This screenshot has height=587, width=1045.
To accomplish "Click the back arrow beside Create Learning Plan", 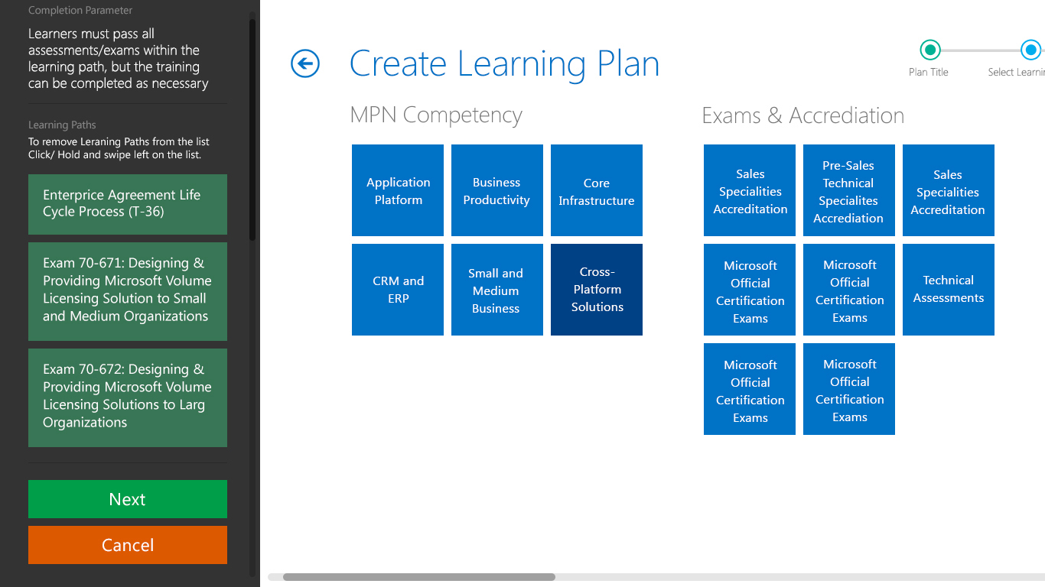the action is click(x=305, y=63).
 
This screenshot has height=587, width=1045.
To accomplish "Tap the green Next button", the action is click(x=127, y=499).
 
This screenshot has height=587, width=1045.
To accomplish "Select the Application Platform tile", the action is click(x=398, y=190).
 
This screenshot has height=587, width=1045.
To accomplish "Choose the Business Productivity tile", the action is click(x=496, y=190).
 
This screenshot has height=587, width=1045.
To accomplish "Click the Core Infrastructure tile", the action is click(x=596, y=190).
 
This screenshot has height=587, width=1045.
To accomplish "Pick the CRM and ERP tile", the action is click(x=398, y=290).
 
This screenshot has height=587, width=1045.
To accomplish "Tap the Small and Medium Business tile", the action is click(x=496, y=290).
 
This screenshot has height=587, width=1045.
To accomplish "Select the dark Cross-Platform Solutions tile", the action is click(x=596, y=290).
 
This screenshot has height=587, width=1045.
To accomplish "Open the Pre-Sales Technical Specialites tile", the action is click(x=848, y=190).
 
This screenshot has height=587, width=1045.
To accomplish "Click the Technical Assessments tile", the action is click(x=948, y=290).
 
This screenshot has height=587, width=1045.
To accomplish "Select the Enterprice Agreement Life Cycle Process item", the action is click(x=127, y=204).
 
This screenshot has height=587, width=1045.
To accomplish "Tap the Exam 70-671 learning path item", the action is click(x=127, y=291).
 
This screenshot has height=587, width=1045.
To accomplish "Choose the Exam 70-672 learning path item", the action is click(x=127, y=397).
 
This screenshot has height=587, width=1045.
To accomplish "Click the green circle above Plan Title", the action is click(x=929, y=50).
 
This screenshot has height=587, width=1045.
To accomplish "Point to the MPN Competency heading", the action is click(x=436, y=115).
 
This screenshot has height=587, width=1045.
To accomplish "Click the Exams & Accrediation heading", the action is click(x=803, y=115).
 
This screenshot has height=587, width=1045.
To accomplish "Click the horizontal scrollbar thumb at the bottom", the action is click(x=419, y=577).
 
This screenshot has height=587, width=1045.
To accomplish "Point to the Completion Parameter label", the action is click(x=80, y=10).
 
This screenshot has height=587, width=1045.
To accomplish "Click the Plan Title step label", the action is click(x=929, y=73).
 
